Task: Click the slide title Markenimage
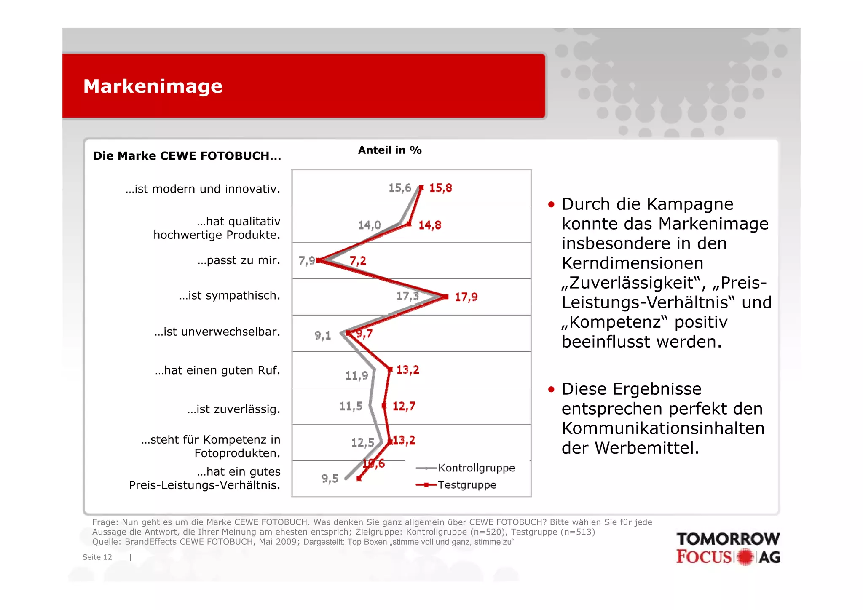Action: (153, 86)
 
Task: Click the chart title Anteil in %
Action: (390, 150)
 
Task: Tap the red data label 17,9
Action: (466, 297)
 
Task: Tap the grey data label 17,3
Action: (407, 296)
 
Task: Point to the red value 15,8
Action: (440, 188)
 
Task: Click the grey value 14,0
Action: (369, 225)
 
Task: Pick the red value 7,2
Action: (358, 261)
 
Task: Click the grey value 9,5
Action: (330, 479)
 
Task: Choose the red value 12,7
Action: (404, 407)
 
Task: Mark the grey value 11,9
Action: (356, 376)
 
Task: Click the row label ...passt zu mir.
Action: (239, 260)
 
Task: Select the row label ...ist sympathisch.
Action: (230, 296)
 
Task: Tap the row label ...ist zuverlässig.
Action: (234, 409)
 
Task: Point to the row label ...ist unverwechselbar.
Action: (217, 332)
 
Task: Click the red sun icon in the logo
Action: (745, 557)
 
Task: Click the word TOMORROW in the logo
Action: (728, 539)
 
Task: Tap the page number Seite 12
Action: (97, 557)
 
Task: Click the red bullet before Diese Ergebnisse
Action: (551, 389)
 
